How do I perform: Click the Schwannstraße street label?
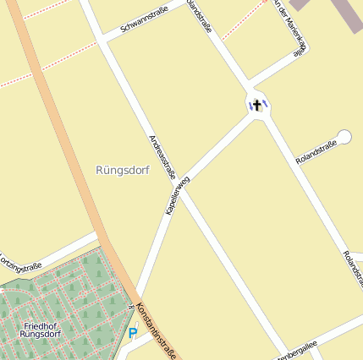(144, 19)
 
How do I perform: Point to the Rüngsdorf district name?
(123, 170)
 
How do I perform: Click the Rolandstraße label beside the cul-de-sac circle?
(316, 153)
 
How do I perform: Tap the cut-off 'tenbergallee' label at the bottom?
(295, 351)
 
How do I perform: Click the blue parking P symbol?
(132, 333)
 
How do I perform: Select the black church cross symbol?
(257, 105)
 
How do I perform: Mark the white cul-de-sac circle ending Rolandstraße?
(344, 135)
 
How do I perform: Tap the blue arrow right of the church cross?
(265, 105)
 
